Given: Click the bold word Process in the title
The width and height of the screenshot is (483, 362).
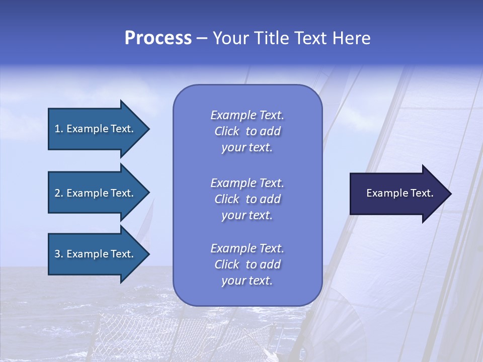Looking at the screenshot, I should tap(158, 38).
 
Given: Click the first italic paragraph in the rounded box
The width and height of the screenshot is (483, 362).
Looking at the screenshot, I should tap(247, 131).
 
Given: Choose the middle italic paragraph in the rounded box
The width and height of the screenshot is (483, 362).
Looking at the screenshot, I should tap(247, 199).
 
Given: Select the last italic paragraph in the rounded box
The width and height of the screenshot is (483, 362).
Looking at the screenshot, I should tap(247, 264).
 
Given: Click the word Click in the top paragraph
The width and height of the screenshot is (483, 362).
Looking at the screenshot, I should tap(227, 131).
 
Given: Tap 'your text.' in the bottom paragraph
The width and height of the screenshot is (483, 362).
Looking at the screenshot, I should tap(247, 281).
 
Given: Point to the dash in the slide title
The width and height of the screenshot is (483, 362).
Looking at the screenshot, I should tap(202, 39).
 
